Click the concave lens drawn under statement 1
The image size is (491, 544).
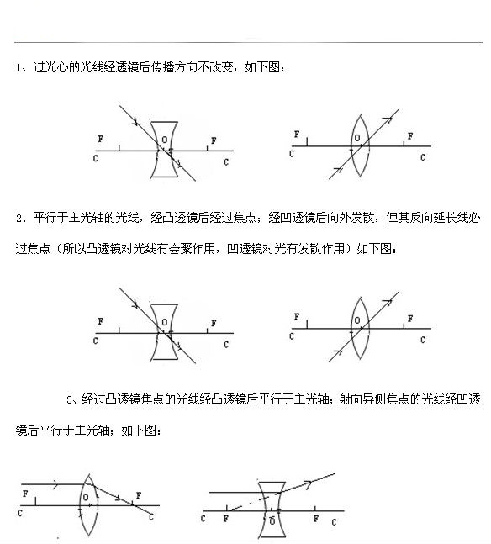[x=165, y=151]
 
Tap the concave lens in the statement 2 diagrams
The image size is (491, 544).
[x=165, y=335]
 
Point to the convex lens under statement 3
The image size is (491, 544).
[x=87, y=504]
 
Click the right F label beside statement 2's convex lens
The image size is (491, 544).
[x=409, y=319]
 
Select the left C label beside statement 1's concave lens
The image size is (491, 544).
[x=98, y=157]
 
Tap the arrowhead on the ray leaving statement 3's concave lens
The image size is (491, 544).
[x=307, y=483]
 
